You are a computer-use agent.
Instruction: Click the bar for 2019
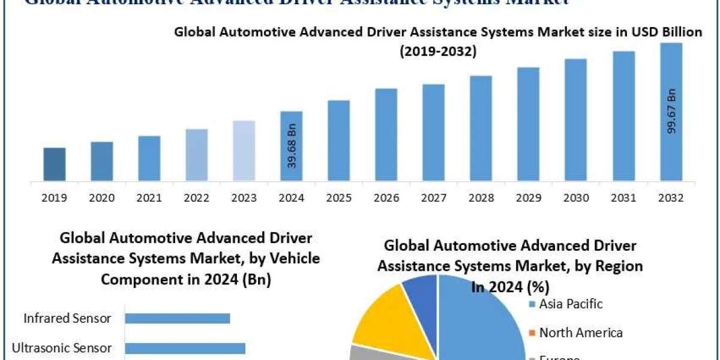point(55,164)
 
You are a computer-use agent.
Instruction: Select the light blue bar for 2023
point(244,151)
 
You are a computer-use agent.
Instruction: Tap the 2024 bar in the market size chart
point(292,146)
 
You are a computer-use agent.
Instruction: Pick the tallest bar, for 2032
point(671,112)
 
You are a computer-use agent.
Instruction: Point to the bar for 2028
point(481,128)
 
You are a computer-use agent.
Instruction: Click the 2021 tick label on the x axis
point(149,197)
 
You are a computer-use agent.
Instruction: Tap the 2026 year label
point(386,197)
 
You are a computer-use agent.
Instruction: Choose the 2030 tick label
point(576,197)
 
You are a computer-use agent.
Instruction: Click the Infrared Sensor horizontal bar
point(178,319)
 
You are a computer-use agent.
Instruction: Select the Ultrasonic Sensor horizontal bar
point(185,348)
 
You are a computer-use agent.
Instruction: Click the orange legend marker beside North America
point(532,333)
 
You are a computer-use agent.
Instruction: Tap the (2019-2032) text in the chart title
point(438,52)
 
